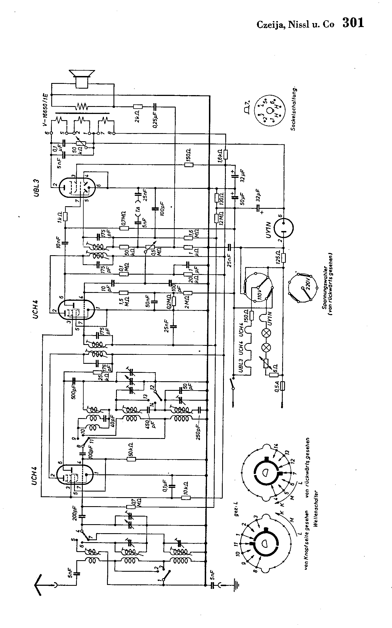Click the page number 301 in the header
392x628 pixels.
coord(353,23)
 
